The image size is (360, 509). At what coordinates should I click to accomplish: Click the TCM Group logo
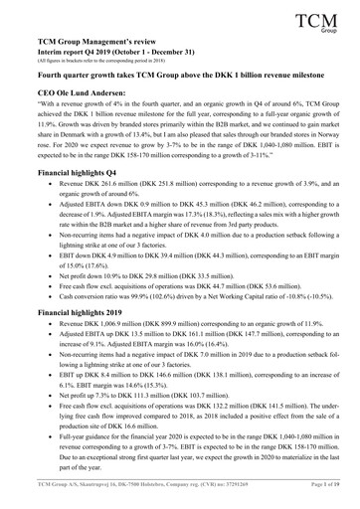(320, 20)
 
